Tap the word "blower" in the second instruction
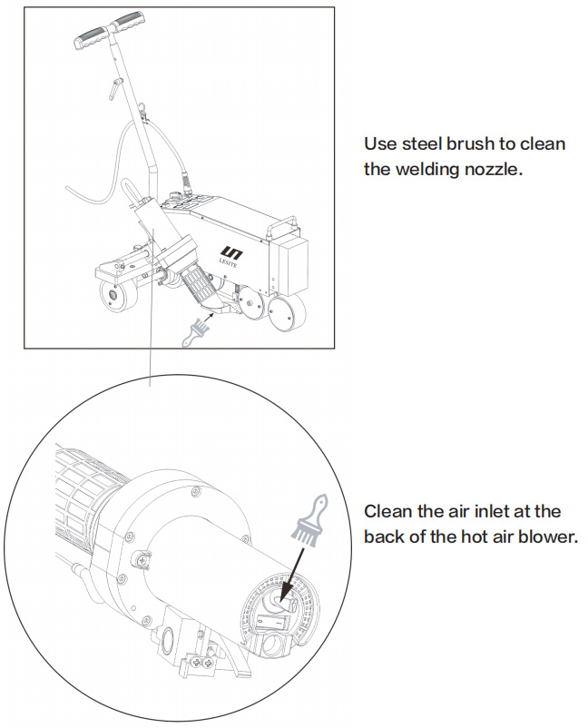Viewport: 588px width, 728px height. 546,536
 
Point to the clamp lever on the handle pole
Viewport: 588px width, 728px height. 113,89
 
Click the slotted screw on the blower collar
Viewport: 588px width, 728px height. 142,562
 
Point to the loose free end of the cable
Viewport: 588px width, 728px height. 70,188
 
